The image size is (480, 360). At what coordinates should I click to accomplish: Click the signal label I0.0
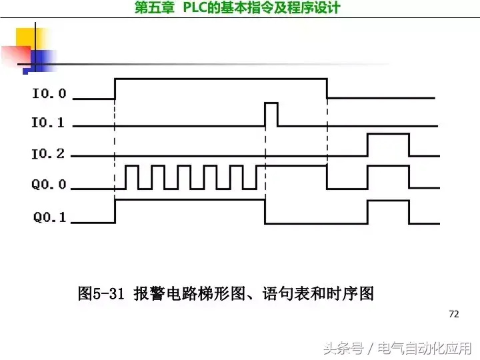(x=49, y=93)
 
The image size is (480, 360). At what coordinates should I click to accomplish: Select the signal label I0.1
(x=49, y=123)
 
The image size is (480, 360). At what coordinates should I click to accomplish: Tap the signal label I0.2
(x=49, y=154)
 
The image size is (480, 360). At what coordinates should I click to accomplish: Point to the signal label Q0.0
(x=49, y=185)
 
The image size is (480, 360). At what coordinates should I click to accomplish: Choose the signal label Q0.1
(x=49, y=217)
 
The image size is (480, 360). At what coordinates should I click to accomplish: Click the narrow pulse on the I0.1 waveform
(x=271, y=114)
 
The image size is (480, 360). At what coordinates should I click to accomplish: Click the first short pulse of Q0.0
(x=131, y=177)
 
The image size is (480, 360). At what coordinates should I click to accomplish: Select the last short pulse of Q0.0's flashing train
(x=251, y=177)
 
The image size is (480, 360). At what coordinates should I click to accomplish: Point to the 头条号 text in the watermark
(x=343, y=348)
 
